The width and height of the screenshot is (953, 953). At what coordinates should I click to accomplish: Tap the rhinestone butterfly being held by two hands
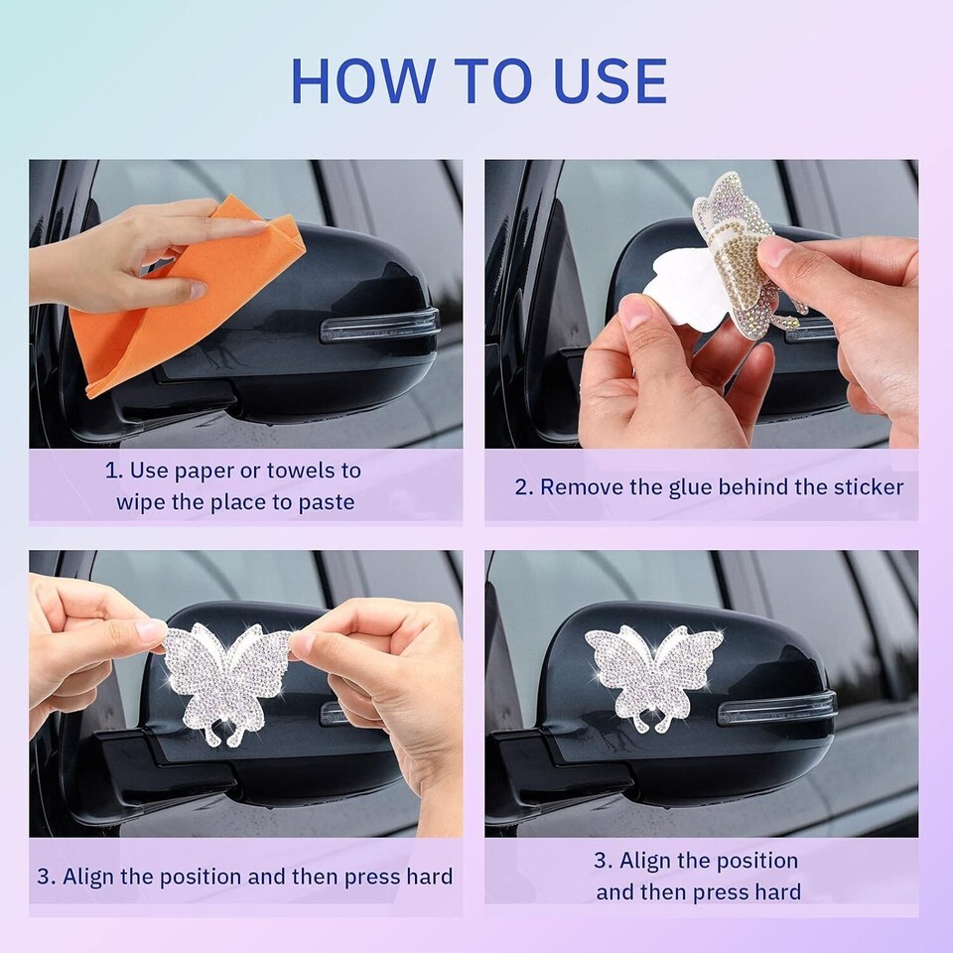point(226,681)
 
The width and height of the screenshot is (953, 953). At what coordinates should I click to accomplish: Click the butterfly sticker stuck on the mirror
point(653,678)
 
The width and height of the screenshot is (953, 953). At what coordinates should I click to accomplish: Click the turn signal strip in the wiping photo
point(379,326)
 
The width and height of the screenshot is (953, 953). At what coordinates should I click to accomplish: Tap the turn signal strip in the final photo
point(776,709)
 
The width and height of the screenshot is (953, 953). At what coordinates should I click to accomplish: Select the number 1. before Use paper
point(113,471)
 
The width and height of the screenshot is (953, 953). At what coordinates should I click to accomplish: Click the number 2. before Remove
point(524,487)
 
